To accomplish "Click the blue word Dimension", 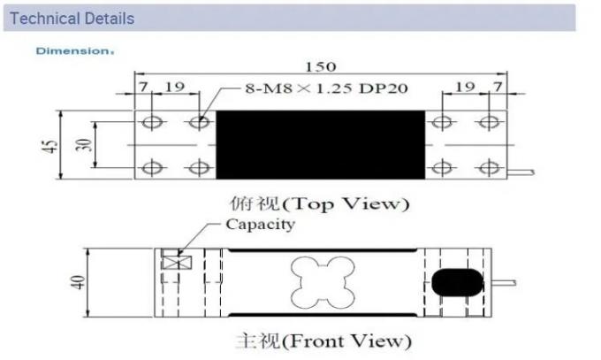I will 73,50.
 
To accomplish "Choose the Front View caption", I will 323,340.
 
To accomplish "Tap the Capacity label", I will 259,224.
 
